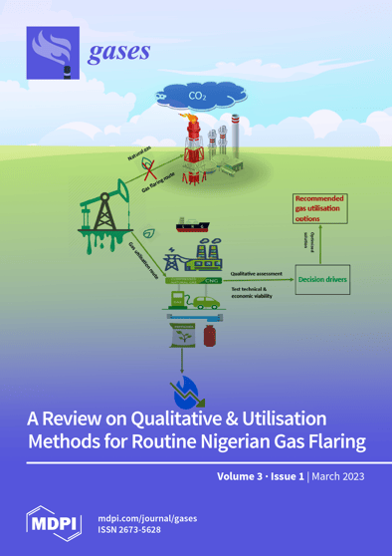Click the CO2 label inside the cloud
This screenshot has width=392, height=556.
click(197, 97)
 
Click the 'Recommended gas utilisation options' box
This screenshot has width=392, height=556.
click(319, 210)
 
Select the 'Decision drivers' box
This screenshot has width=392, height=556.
click(322, 280)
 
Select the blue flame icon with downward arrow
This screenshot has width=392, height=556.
click(187, 385)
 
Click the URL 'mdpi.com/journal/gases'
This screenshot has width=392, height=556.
click(154, 516)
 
